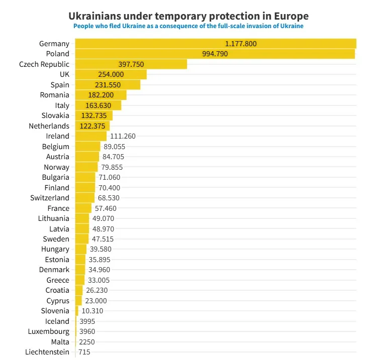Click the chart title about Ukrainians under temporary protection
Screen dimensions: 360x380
pyautogui.click(x=188, y=17)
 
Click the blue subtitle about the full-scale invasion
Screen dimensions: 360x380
pyautogui.click(x=188, y=26)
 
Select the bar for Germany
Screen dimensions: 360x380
pyautogui.click(x=215, y=44)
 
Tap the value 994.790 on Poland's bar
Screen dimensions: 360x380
pyautogui.click(x=215, y=54)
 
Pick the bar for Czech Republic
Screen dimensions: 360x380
pyautogui.click(x=131, y=64)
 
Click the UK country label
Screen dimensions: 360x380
pyautogui.click(x=64, y=74)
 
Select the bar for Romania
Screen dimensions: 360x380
pyautogui.click(x=101, y=95)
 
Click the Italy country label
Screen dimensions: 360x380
pyautogui.click(x=62, y=105)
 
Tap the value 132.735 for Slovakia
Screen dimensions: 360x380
pyautogui.click(x=93, y=115)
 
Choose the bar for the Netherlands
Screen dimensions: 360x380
pyautogui.click(x=92, y=126)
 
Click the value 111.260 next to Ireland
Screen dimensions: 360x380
pyautogui.click(x=123, y=136)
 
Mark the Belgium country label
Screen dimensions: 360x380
pyautogui.click(x=56, y=147)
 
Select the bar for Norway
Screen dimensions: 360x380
pyautogui.click(x=86, y=167)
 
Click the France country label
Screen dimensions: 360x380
pyautogui.click(x=58, y=208)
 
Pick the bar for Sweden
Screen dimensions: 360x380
pyautogui.click(x=82, y=239)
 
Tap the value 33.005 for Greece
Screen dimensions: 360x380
pyautogui.click(x=99, y=280)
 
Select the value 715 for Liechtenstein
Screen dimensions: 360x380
pyautogui.click(x=84, y=352)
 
